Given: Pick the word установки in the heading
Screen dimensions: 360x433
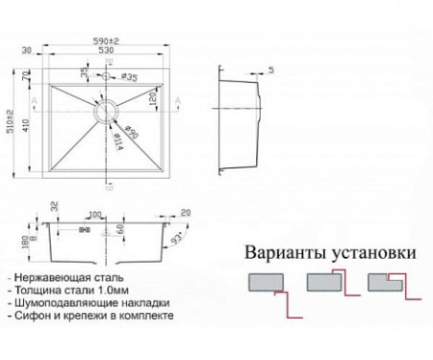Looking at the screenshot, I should pos(373,254).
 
